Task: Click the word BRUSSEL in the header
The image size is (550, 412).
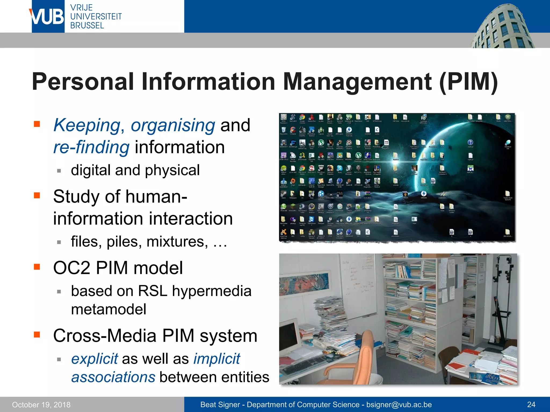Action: click(x=87, y=26)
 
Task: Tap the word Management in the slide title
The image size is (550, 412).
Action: click(x=357, y=82)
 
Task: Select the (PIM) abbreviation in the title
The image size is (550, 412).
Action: click(x=469, y=82)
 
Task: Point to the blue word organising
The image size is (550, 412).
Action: click(x=173, y=126)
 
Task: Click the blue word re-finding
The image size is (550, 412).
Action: click(x=91, y=148)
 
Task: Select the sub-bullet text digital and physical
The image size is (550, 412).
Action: click(x=135, y=170)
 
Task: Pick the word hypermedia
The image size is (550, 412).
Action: click(x=212, y=291)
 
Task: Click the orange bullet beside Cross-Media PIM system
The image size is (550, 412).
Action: click(x=37, y=334)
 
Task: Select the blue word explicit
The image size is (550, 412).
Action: click(x=95, y=359)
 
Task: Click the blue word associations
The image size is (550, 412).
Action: click(x=113, y=377)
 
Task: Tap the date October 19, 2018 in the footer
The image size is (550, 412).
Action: click(x=41, y=404)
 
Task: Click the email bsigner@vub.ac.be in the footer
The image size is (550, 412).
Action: click(x=399, y=404)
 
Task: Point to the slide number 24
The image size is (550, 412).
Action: click(x=531, y=404)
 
